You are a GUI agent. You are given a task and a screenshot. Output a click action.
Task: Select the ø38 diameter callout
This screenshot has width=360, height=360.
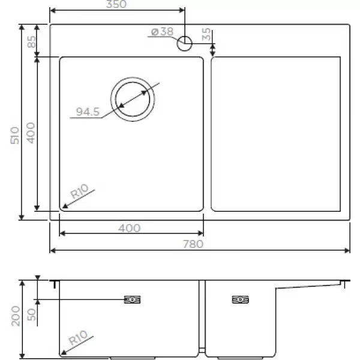tap(162, 32)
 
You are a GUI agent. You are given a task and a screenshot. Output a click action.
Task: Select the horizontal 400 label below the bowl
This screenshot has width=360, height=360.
tap(130, 228)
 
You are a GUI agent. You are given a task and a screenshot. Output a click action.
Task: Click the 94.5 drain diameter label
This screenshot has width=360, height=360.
tap(88, 112)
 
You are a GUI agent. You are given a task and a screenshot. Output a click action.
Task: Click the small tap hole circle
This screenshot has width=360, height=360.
tap(185, 43)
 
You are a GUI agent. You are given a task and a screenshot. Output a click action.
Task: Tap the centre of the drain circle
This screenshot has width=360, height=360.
tap(133, 98)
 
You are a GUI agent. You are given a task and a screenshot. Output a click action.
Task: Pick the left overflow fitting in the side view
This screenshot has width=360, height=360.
tap(132, 300)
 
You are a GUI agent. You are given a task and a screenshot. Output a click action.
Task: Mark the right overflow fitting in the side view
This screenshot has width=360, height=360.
tap(240, 300)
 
